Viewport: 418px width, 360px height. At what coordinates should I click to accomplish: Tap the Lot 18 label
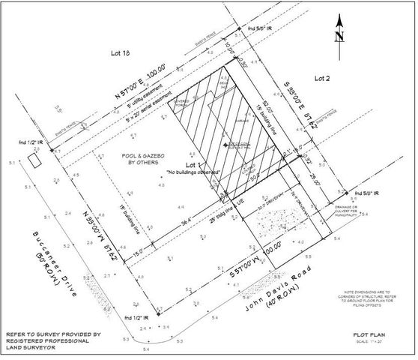pos(121,53)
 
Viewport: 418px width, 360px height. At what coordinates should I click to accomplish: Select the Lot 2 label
pos(322,77)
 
